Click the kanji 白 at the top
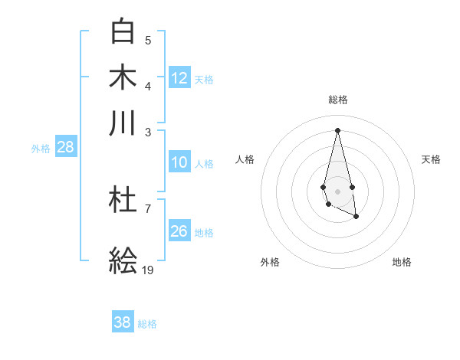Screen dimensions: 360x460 click(x=123, y=32)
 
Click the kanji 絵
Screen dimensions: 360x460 click(x=123, y=261)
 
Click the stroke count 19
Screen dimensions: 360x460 click(x=148, y=270)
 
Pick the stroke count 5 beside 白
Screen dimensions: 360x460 click(x=148, y=40)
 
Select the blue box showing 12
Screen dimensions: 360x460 click(x=179, y=77)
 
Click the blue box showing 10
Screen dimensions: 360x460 click(x=179, y=162)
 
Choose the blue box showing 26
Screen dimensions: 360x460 click(x=179, y=231)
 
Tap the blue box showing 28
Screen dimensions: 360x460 click(x=66, y=148)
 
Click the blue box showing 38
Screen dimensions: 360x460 click(x=123, y=322)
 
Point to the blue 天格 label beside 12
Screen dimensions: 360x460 click(x=204, y=79)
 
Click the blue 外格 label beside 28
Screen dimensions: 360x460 click(x=41, y=149)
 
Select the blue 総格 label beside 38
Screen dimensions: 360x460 click(x=147, y=324)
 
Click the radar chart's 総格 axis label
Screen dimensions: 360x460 click(x=337, y=100)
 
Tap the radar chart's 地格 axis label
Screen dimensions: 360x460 click(x=402, y=262)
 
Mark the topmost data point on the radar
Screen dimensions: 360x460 click(x=337, y=129)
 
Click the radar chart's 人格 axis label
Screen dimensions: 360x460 click(x=245, y=159)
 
